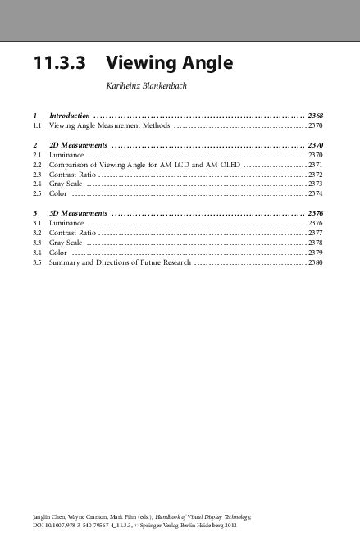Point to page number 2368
pos(316,116)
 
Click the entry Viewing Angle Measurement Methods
pos(110,126)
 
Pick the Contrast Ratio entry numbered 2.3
pos(72,175)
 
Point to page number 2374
pos(316,195)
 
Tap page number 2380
pos(316,264)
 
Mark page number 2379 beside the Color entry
pos(316,253)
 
